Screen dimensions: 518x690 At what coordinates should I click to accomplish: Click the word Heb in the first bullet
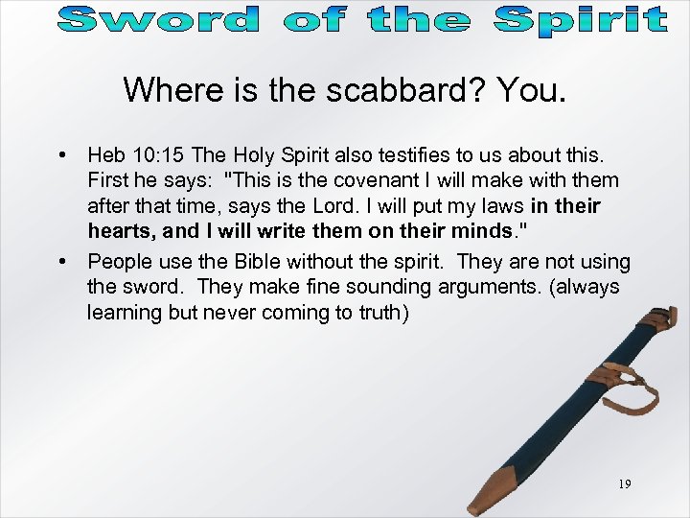[104, 154]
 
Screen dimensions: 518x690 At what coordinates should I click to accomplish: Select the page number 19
[624, 484]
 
